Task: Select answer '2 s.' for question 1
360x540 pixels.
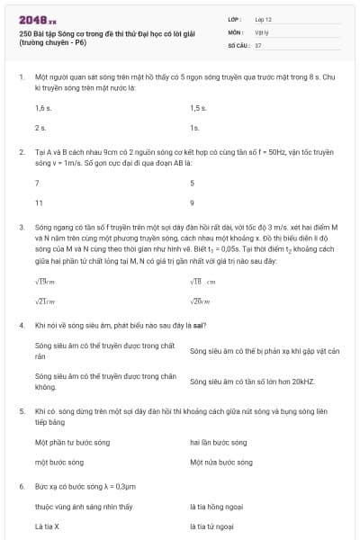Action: [40, 128]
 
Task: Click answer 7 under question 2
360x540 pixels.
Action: [37, 182]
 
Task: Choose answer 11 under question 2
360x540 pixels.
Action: [39, 202]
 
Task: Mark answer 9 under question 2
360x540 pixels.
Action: [193, 202]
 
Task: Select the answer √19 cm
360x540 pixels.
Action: [45, 282]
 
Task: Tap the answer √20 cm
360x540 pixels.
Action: [200, 301]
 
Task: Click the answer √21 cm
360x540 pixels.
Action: [45, 301]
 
